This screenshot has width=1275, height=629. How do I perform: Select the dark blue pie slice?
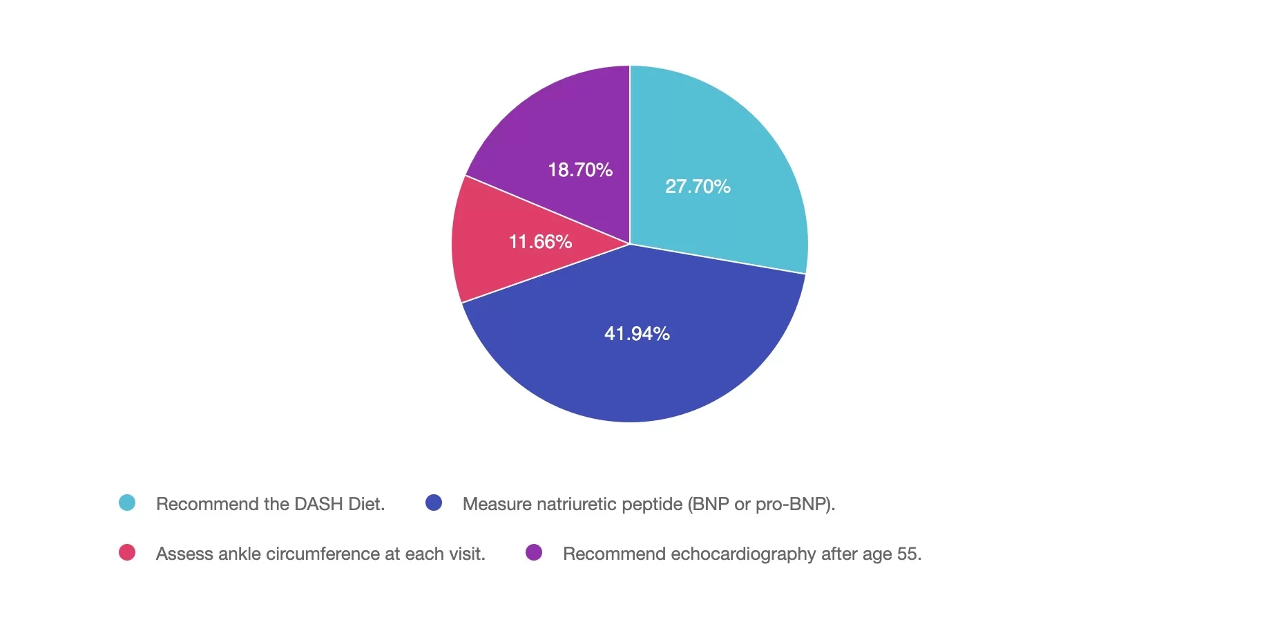635,373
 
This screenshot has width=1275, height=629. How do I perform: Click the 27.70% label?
698,187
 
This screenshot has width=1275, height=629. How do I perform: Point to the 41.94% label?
637,334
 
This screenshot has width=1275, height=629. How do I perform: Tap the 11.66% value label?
540,242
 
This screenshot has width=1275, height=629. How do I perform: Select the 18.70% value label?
580,170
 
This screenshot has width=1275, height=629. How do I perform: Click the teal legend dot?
127,503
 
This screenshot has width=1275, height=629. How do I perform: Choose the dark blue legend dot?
434,503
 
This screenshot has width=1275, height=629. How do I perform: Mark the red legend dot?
127,552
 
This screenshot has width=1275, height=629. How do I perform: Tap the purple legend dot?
534,552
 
